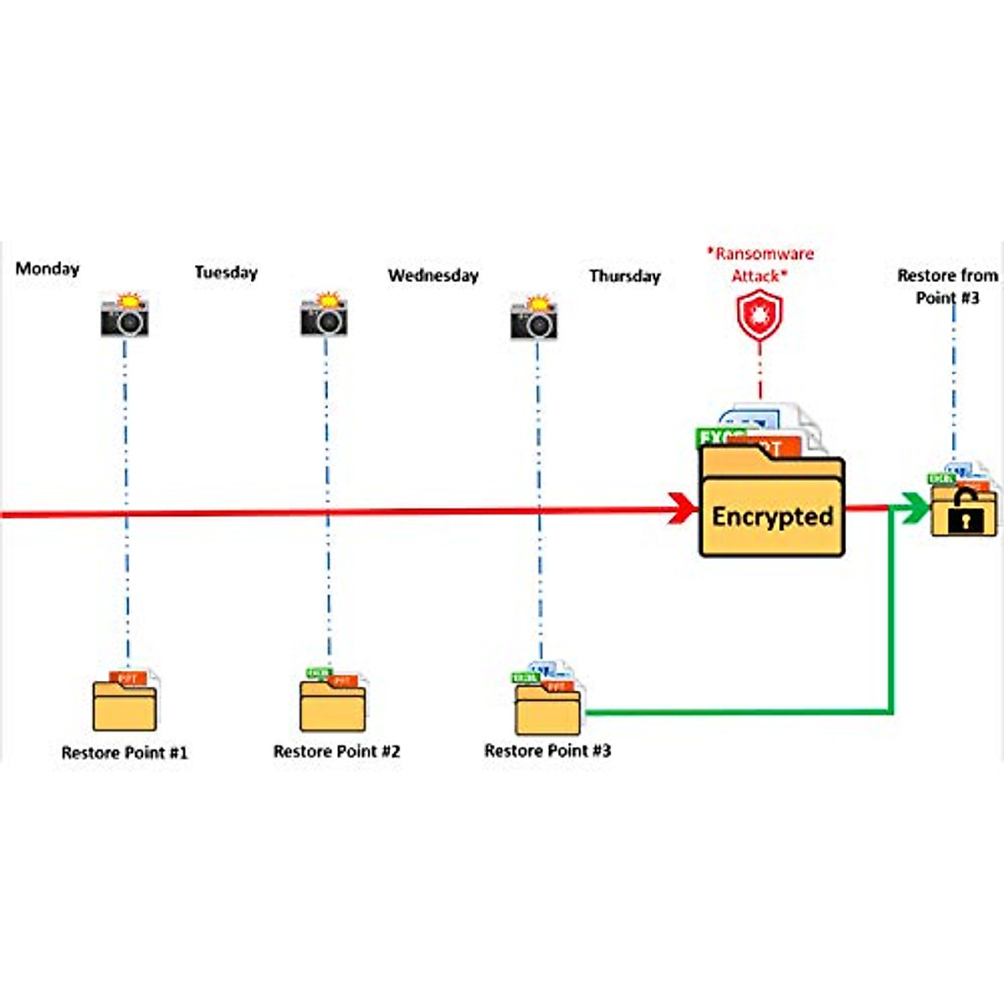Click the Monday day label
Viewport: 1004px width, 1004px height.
pos(48,269)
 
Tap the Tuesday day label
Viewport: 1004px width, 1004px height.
pos(226,272)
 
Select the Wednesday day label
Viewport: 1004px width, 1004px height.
pos(433,275)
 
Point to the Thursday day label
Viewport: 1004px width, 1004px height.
pos(624,276)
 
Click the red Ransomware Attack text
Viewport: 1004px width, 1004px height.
pos(760,264)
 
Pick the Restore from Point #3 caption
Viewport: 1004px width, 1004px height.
pos(947,286)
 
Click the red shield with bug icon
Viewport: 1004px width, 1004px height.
pos(759,315)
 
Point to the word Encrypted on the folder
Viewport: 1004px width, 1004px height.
pos(772,516)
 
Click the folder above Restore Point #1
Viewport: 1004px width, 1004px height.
pos(125,704)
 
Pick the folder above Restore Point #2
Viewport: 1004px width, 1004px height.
pos(332,703)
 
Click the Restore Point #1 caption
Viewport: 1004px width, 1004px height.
pos(125,752)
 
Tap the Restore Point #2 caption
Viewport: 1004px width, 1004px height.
pos(336,751)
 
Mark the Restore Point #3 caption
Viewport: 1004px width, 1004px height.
pos(547,750)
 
